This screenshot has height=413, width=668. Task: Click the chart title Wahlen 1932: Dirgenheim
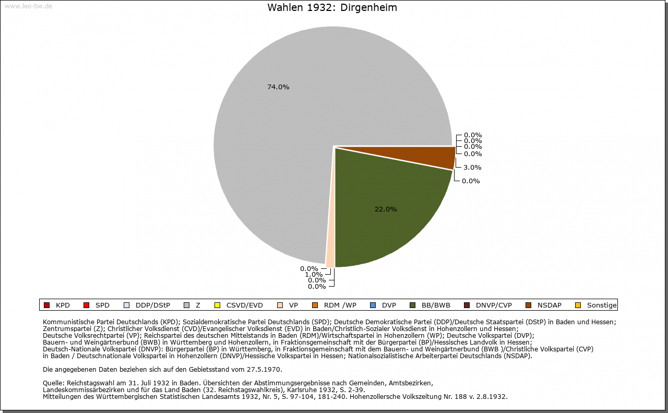(332, 8)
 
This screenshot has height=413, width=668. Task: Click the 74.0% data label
(278, 87)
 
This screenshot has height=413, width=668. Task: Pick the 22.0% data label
(386, 209)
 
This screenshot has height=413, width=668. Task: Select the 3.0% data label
(472, 168)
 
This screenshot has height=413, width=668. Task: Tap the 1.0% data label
(314, 275)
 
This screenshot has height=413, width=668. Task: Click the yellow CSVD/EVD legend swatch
(218, 305)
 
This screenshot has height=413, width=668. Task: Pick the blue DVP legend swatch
(374, 305)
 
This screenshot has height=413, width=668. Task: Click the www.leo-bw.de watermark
(28, 6)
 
